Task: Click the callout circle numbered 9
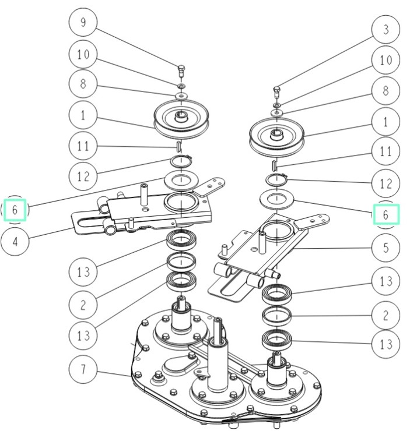(x=83, y=24)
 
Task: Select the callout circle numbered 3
(x=386, y=29)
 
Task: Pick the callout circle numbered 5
(x=386, y=248)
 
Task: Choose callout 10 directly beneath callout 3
(x=386, y=60)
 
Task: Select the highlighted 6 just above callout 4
(x=15, y=209)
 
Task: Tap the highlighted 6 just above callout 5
(x=386, y=215)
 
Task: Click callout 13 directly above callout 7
(x=83, y=335)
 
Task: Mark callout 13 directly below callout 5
(x=386, y=281)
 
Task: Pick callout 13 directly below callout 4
(x=83, y=271)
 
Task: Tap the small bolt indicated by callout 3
(x=277, y=90)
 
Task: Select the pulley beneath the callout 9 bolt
(x=181, y=119)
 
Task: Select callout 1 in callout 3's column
(x=386, y=122)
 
